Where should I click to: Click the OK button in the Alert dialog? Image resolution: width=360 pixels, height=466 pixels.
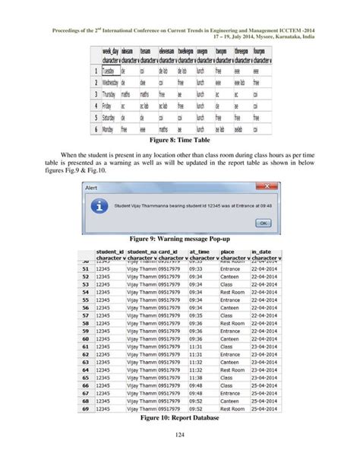[262, 223]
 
